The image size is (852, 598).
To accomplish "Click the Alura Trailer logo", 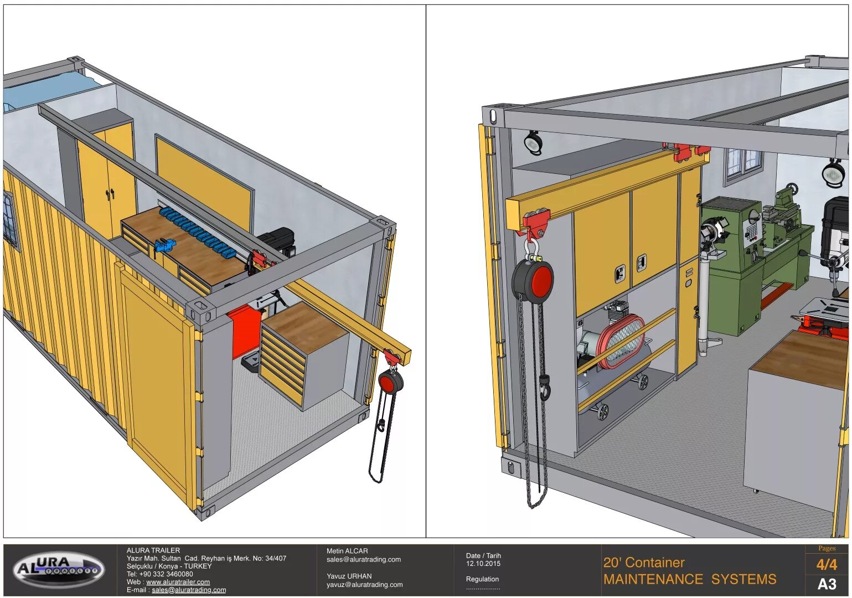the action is [59, 569].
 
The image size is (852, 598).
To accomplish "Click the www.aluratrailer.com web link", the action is [178, 582].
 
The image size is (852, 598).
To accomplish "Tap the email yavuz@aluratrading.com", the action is [364, 585].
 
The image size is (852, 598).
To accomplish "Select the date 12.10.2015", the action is [483, 564].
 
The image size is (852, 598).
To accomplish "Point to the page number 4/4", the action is [826, 565].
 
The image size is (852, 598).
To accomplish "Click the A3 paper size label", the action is [827, 584].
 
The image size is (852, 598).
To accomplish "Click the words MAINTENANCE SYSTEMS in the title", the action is [689, 580].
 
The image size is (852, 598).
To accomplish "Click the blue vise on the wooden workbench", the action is [164, 245].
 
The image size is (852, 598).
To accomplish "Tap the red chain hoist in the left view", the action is [391, 382].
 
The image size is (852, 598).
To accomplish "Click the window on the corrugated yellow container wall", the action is [10, 219].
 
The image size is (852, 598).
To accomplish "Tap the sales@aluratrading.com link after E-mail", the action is [189, 590].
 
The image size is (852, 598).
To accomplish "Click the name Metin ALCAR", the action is [347, 551].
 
